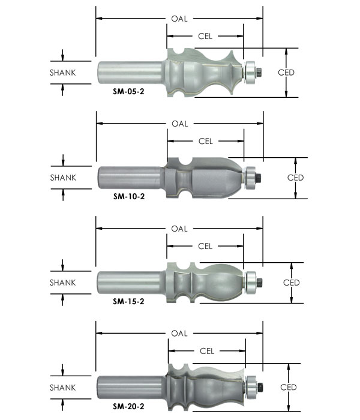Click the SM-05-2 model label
[x=128, y=92]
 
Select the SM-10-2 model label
[x=129, y=197]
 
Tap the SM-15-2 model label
[x=128, y=302]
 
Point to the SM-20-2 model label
[x=128, y=406]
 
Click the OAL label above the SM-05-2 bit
[x=179, y=19]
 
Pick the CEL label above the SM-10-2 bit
[x=205, y=141]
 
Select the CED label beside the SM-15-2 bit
[x=291, y=283]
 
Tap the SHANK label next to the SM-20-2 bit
[x=62, y=388]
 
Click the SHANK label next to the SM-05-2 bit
[x=62, y=73]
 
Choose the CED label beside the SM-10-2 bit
[x=295, y=178]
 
